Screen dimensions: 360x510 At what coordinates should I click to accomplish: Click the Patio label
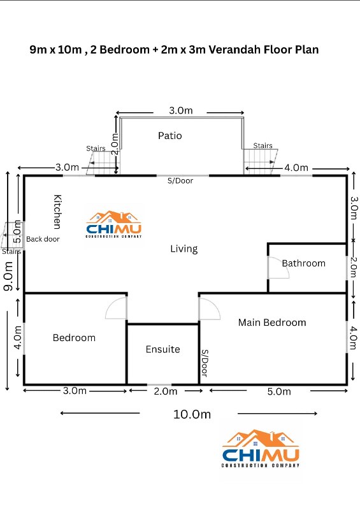169,136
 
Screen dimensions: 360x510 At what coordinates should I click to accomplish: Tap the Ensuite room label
162,349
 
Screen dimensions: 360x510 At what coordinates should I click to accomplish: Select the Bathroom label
303,263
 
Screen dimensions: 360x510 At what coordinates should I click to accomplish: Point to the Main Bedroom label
272,323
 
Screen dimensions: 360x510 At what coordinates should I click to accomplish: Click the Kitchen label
57,212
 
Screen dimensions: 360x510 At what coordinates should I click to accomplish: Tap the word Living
184,249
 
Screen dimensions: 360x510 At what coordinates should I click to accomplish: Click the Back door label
43,239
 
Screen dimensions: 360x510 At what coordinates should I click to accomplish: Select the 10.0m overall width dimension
192,414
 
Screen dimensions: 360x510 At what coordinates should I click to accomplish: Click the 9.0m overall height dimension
8,276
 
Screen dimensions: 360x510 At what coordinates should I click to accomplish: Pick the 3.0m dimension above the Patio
181,110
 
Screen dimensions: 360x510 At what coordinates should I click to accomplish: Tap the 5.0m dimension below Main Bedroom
279,391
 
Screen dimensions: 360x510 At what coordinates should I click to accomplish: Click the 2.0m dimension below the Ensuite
166,391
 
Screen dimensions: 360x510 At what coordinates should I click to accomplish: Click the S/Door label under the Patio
180,181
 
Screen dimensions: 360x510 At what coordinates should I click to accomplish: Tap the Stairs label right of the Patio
263,145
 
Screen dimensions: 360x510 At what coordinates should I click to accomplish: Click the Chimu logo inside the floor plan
114,224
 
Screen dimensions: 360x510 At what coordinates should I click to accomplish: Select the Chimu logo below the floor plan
260,449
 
